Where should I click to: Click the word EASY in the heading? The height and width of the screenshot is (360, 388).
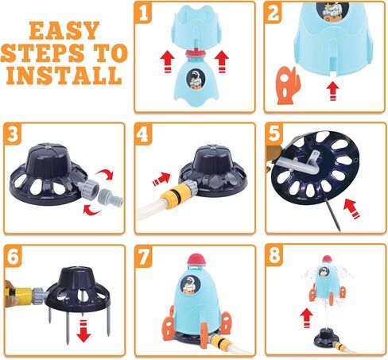tap(64, 30)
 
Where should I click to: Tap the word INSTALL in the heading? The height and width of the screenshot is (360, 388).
tap(64, 75)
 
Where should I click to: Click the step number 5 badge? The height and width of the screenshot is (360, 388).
tap(274, 134)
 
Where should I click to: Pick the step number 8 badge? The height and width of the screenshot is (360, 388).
tap(274, 255)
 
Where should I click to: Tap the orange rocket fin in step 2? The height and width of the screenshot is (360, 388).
tap(288, 85)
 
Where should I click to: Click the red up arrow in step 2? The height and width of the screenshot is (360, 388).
tap(333, 91)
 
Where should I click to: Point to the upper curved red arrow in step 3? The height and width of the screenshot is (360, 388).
tap(106, 174)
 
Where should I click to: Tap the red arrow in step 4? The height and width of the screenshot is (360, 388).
tap(161, 179)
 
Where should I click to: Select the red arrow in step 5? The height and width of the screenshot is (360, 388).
tap(351, 208)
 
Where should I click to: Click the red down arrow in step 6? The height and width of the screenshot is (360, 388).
tap(83, 331)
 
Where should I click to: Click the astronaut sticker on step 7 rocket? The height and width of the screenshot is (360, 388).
tap(188, 285)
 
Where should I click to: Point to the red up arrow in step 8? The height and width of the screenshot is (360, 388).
tap(306, 318)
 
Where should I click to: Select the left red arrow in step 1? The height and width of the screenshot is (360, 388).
tap(167, 62)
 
